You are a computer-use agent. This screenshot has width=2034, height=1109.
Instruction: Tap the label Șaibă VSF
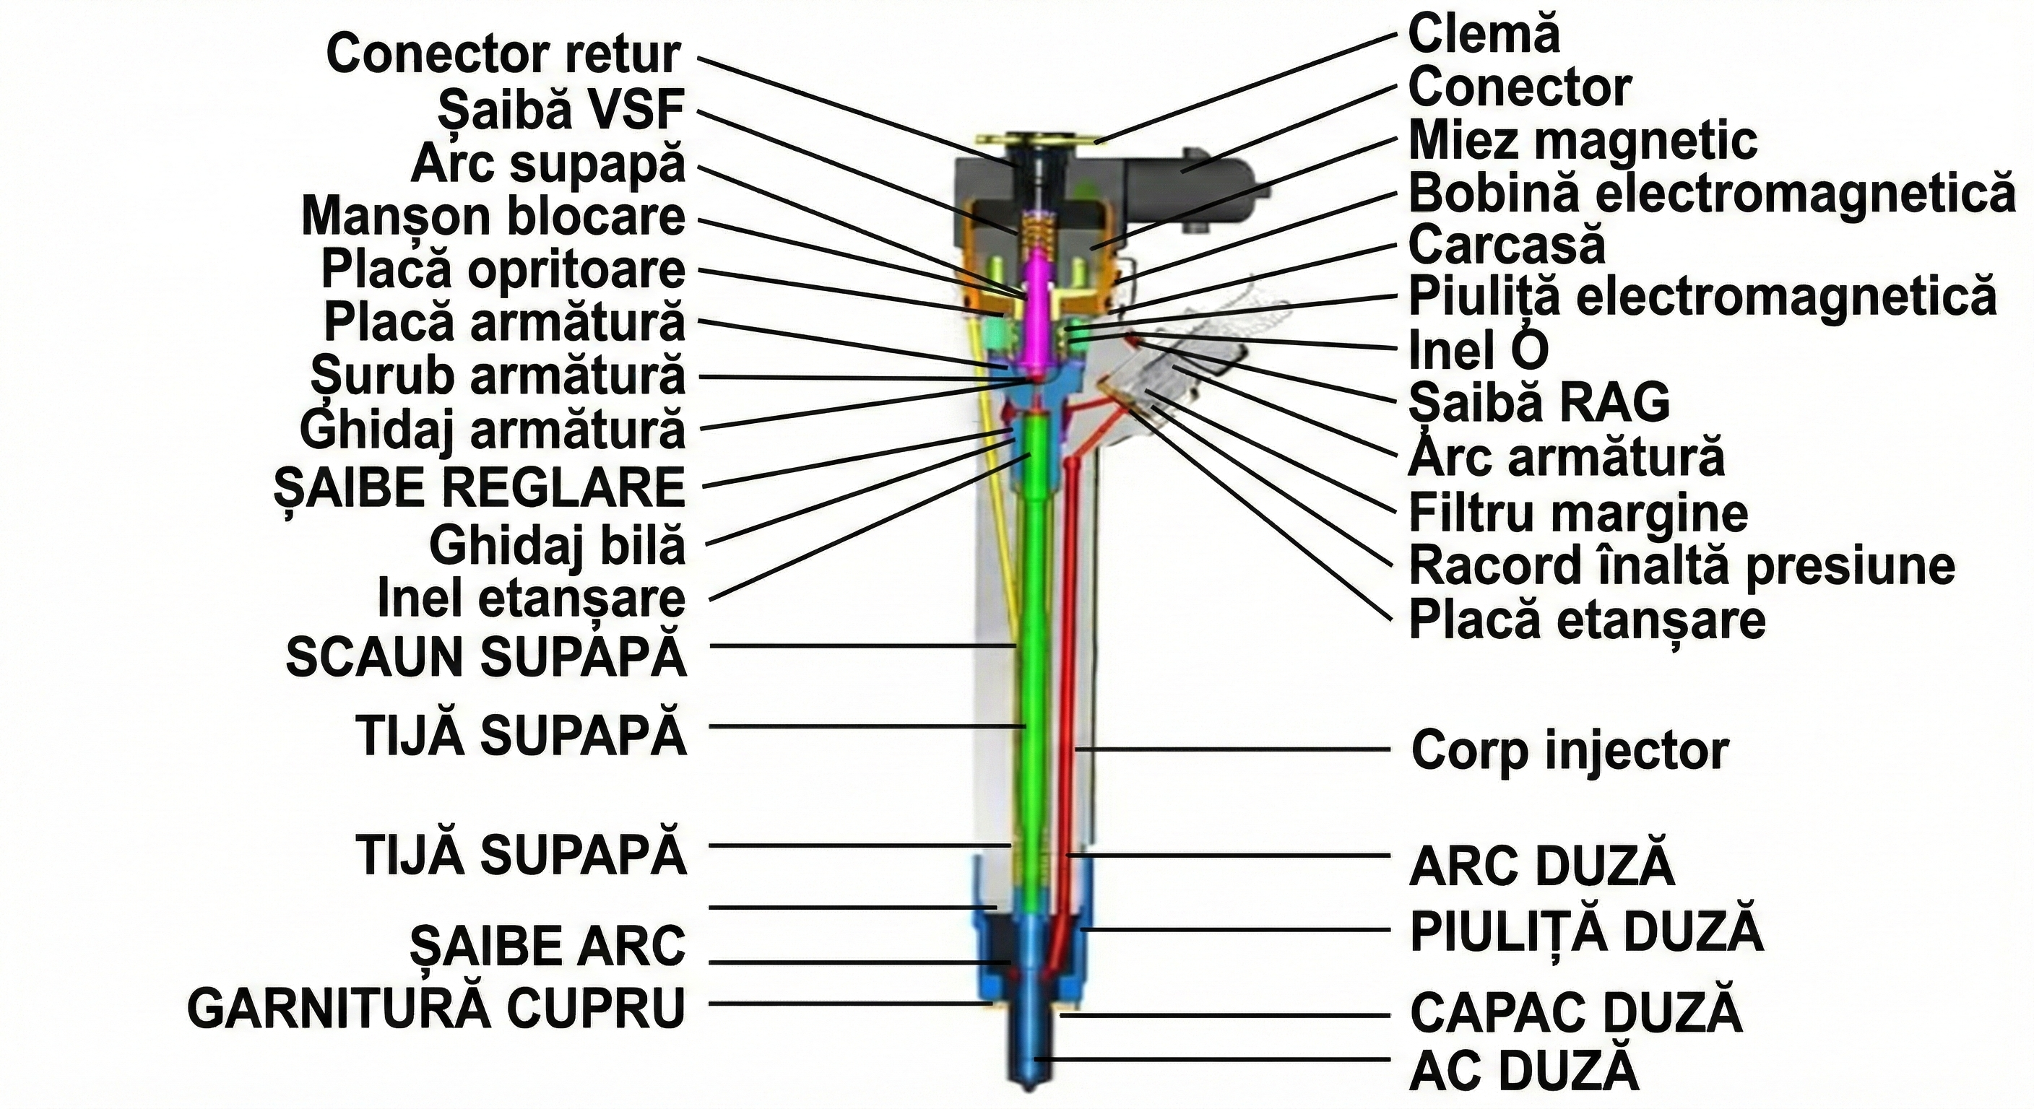coord(561,110)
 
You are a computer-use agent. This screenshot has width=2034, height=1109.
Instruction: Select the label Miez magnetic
coord(1583,141)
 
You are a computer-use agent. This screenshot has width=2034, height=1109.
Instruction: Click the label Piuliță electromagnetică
coord(1702,297)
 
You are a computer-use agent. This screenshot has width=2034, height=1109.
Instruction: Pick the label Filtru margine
coord(1578,513)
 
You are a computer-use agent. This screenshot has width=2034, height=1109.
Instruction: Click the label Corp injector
coord(1570,751)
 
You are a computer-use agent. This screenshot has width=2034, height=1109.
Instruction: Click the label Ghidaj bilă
coord(558,545)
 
